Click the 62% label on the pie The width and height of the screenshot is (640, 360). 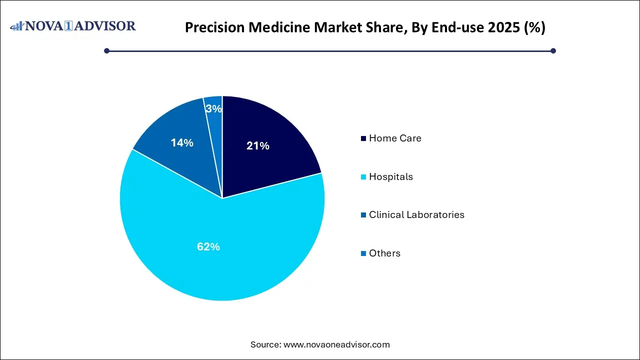coord(208,246)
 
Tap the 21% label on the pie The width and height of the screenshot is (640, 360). coord(258,146)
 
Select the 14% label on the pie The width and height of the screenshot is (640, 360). coord(182,143)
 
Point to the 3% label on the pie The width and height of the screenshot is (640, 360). coord(214,108)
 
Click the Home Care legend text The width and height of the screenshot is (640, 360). coord(395,138)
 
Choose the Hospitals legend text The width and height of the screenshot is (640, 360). coord(391,177)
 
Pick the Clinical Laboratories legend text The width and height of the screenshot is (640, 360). coord(416,215)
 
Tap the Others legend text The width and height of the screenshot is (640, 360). coord(384,253)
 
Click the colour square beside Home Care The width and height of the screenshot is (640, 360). coord(363,138)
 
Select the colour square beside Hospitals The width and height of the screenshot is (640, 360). coord(363,177)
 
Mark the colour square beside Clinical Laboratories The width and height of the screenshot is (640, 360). coord(363,215)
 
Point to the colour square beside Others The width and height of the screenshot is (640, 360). coord(363,253)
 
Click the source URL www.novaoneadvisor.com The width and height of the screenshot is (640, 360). coord(336,344)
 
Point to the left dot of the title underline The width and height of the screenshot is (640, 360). coord(106,50)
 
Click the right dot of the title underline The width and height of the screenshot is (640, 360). coord(553,50)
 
